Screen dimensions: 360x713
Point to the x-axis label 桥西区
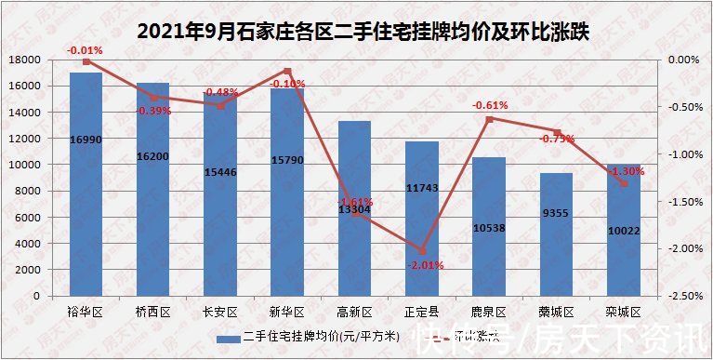(153, 312)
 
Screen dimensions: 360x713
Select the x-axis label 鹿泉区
(488, 312)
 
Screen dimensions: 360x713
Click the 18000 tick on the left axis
(25, 60)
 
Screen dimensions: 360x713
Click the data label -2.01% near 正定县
(426, 265)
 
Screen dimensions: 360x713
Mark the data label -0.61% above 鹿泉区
(489, 105)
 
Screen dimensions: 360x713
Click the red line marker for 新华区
(287, 71)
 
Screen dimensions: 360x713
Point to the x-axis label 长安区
(220, 312)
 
